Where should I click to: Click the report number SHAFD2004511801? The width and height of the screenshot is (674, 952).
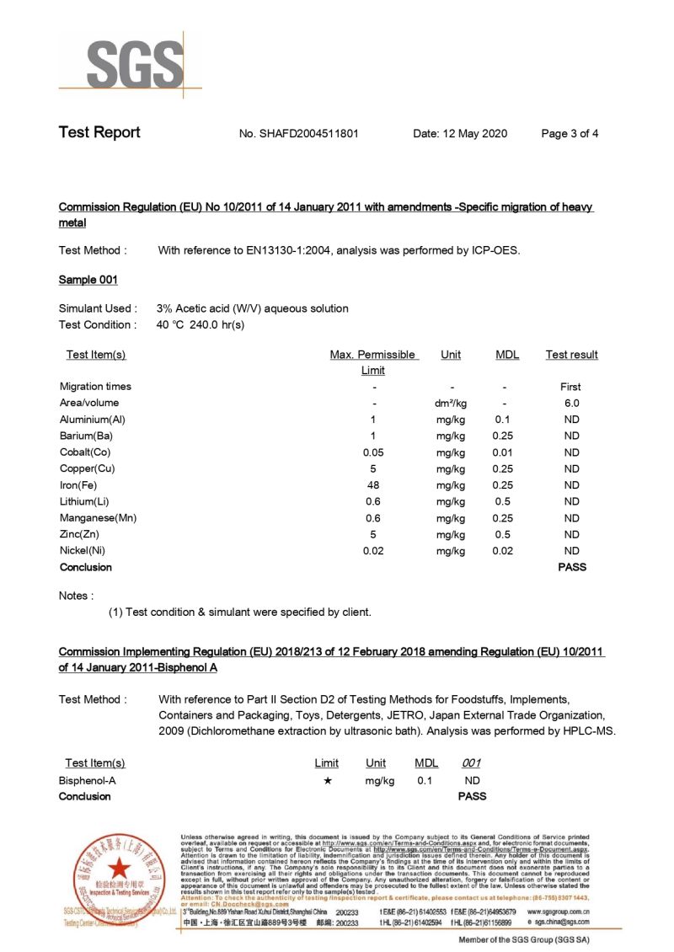point(311,133)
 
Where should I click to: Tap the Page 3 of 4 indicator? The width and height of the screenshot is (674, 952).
point(570,133)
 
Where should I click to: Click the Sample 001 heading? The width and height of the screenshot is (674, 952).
point(88,280)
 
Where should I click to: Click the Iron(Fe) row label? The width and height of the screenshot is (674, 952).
point(82,485)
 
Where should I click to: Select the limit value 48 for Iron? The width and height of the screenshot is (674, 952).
point(373,485)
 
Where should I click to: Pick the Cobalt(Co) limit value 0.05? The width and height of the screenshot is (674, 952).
point(373,452)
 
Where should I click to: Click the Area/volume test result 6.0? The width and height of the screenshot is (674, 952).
point(571,404)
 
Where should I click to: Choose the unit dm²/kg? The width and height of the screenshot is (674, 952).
point(451,404)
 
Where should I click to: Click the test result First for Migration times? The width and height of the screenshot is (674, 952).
point(570,387)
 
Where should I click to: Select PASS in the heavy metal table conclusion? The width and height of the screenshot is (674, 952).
point(572,567)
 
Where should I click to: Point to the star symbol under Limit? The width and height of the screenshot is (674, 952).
point(328,781)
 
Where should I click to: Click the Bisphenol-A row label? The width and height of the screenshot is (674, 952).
point(88,781)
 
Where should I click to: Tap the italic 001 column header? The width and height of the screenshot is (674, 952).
point(472,763)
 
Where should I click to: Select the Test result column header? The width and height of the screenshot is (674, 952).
point(571,355)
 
